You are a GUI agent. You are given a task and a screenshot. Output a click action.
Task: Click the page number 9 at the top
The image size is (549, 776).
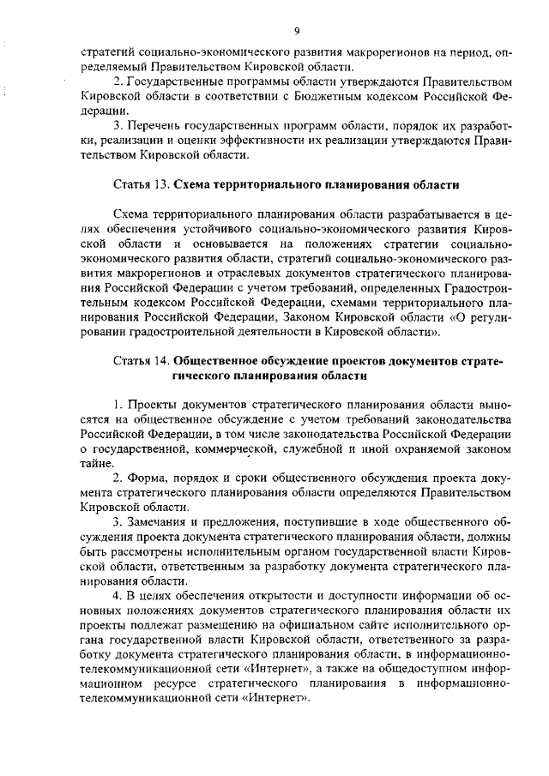tap(295, 31)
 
